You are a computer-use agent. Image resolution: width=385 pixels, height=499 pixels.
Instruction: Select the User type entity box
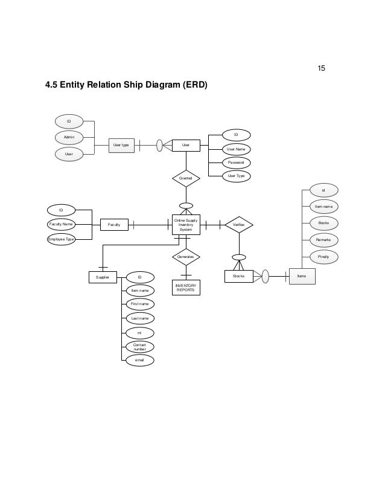tap(121, 145)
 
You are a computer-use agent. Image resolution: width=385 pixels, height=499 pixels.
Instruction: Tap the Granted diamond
tap(186, 178)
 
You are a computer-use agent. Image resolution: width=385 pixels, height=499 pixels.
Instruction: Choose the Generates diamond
tap(186, 257)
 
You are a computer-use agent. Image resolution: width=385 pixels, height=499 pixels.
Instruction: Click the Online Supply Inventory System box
tap(186, 225)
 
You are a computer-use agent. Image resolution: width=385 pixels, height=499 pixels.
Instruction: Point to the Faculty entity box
tap(114, 225)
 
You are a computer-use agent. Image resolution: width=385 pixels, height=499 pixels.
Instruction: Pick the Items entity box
tap(302, 276)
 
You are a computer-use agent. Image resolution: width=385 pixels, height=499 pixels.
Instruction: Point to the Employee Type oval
tap(61, 239)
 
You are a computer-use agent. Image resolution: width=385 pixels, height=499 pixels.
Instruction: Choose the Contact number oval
tap(139, 347)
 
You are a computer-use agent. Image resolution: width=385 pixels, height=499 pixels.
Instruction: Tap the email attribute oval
tap(139, 361)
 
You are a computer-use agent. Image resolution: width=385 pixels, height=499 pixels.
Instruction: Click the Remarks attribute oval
tap(323, 240)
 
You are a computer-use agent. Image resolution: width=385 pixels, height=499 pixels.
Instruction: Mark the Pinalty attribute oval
tap(323, 257)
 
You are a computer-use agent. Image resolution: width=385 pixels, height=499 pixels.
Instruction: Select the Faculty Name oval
tap(61, 224)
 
